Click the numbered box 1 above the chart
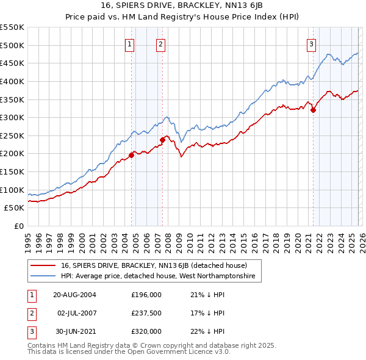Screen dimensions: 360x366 (131, 44)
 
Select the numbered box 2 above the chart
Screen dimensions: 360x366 (160, 44)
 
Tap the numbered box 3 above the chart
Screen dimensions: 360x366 (312, 44)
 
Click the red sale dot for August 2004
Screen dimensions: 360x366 (131, 155)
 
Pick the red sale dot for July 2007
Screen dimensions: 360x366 (162, 140)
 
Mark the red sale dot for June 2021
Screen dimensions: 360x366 (313, 110)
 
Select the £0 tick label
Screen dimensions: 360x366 (18, 226)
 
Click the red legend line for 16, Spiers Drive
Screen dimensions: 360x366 (43, 266)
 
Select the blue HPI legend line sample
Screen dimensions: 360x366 (43, 277)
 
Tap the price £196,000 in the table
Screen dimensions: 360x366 (146, 294)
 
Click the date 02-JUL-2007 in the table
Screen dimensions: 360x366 (76, 313)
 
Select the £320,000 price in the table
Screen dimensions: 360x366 (146, 332)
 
